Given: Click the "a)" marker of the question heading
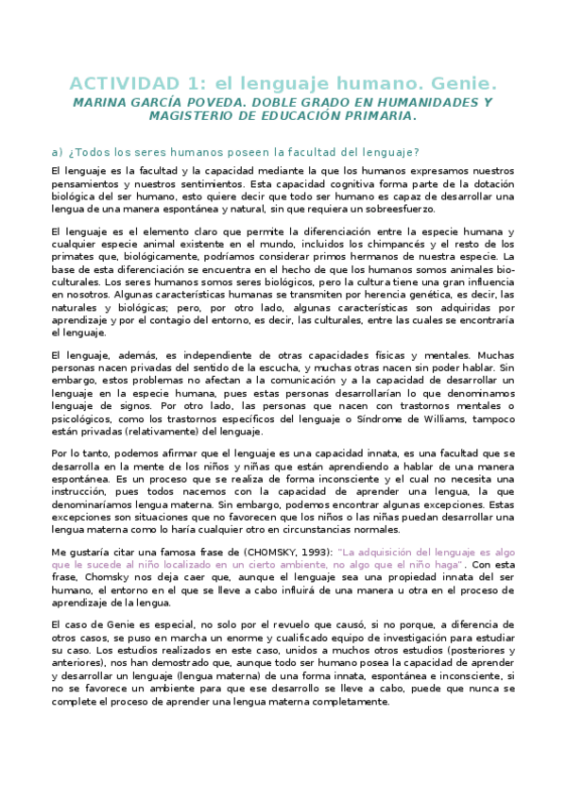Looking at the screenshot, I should (56, 151).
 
